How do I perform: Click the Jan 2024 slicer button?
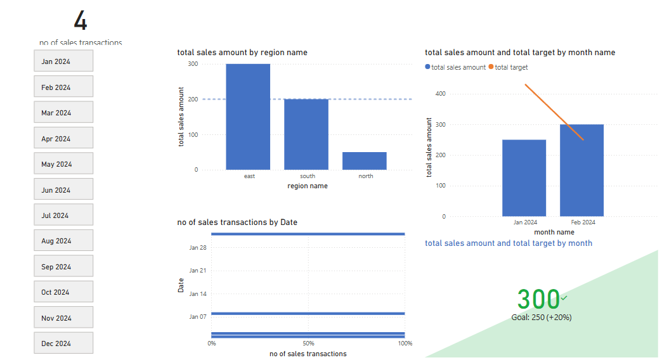point(63,61)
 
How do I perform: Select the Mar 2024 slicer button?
point(63,112)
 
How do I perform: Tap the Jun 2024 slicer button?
point(63,190)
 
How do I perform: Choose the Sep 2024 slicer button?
point(63,266)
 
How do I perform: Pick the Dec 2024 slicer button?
point(63,343)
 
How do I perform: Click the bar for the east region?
point(248,117)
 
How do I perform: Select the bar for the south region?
point(306,134)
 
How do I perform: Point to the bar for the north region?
point(365,161)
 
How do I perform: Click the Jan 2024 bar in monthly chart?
point(524,178)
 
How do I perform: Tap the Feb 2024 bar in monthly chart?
point(581,170)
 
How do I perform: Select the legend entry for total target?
point(510,67)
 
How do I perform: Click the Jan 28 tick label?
point(198,247)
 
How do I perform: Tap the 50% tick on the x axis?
point(308,344)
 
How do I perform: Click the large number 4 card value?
point(81,21)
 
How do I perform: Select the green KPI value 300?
point(538,299)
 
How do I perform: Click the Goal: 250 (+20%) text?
point(542,317)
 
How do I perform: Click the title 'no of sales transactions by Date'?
point(237,222)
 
